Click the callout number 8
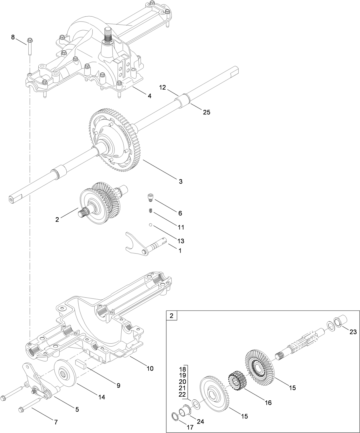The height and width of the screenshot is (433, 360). tap(13, 37)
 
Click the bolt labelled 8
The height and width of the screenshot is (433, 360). tap(30, 46)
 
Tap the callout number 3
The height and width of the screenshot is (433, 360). tap(180, 181)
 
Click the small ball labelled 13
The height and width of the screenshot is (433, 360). tap(150, 225)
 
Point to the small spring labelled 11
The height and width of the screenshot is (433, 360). tap(150, 211)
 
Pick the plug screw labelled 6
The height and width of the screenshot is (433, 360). tap(150, 197)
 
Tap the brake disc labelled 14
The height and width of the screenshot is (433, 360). tap(65, 372)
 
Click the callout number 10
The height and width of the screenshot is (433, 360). tap(150, 368)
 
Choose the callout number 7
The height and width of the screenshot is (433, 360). tap(56, 422)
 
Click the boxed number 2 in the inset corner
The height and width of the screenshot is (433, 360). tap(171, 316)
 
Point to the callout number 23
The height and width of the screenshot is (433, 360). tap(353, 332)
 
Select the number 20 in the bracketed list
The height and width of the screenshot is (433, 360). tap(182, 382)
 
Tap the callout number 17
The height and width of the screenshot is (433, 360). tap(190, 428)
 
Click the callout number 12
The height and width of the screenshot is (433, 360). tap(163, 87)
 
